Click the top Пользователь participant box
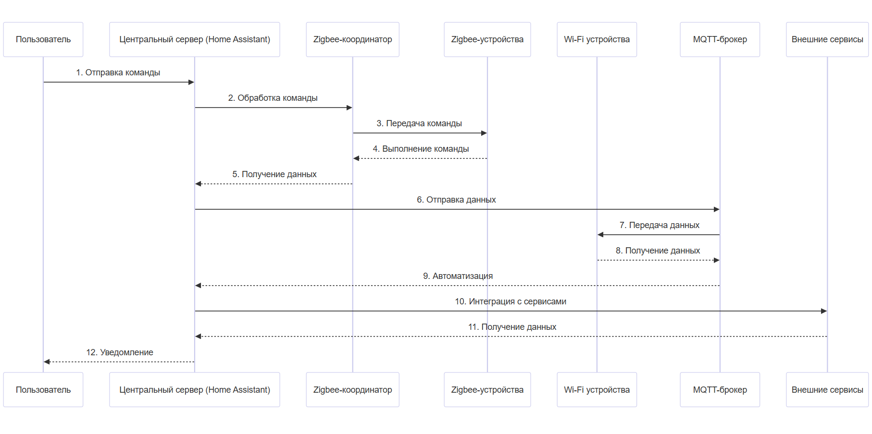point(43,39)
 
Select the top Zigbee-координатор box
point(352,39)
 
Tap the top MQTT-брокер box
point(720,39)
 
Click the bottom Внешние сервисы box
point(827,390)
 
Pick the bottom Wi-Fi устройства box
point(597,390)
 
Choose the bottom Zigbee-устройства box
point(487,390)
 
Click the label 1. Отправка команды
point(118,72)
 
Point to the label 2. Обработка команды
point(273,98)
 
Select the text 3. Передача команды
point(419,123)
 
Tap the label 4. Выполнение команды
point(421,149)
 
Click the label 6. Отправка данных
point(456,200)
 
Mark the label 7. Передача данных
point(659,225)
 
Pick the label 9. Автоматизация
point(458,276)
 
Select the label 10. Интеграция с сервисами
point(511,301)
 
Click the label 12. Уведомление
point(120,352)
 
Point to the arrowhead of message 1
point(191,82)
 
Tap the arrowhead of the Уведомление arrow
point(47,362)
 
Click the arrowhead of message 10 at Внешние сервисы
point(824,311)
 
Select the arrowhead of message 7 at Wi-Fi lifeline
point(600,235)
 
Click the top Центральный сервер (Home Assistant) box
point(195,39)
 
